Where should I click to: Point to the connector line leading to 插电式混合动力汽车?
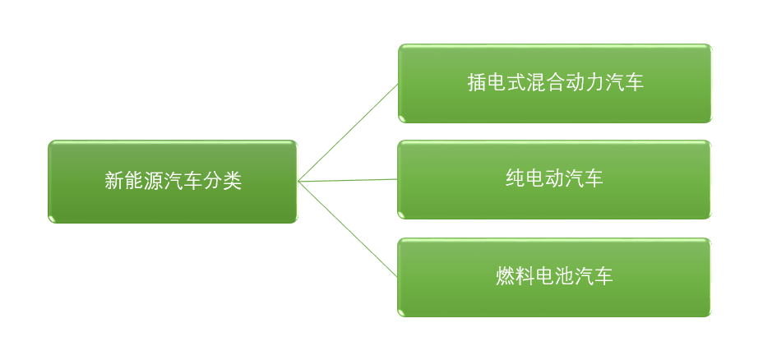[348, 132]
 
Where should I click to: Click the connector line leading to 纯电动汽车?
[348, 180]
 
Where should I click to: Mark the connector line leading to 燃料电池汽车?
[348, 228]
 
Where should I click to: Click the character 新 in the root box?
[113, 181]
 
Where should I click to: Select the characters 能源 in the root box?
[143, 181]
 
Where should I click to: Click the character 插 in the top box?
[477, 83]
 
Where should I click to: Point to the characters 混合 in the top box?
[536, 83]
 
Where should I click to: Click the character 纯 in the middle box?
[516, 178]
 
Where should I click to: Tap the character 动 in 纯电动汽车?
[555, 178]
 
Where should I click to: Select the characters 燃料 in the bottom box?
[516, 276]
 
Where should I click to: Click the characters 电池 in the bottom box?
[555, 276]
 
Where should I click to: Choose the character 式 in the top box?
[516, 83]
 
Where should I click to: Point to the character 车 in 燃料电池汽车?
[604, 276]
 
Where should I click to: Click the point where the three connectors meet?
[298, 181]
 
